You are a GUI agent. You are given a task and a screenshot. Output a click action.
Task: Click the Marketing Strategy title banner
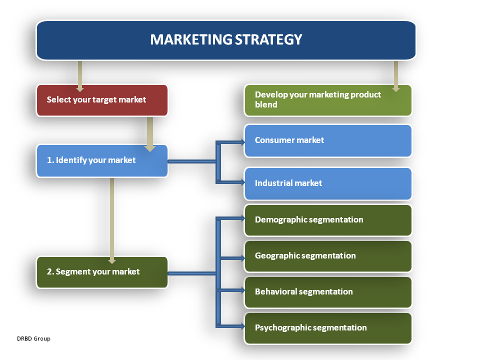(x=226, y=40)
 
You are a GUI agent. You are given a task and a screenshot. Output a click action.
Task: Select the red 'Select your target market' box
(x=102, y=100)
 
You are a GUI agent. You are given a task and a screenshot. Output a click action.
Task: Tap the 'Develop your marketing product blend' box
(x=327, y=100)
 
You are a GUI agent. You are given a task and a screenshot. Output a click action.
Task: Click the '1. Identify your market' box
(x=102, y=161)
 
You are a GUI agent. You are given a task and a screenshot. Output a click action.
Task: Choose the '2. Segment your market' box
(x=102, y=272)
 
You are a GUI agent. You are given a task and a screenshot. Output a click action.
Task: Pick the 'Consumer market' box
(x=327, y=140)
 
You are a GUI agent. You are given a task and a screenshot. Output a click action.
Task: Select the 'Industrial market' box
(x=327, y=183)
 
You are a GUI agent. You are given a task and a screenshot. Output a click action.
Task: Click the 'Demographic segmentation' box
(x=327, y=220)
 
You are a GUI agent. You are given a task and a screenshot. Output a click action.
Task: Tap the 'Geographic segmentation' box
(x=327, y=256)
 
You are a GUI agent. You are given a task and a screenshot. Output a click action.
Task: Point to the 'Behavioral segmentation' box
(x=327, y=292)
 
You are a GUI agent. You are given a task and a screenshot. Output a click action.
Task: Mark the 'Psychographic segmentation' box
(x=327, y=328)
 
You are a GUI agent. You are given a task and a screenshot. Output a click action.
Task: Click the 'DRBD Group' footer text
(x=33, y=339)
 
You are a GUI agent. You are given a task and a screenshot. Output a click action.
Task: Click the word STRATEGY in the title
(x=270, y=39)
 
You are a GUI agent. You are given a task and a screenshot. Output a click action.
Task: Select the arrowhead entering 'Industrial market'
(x=242, y=181)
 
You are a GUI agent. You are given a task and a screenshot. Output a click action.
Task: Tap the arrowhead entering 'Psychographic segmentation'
(x=242, y=327)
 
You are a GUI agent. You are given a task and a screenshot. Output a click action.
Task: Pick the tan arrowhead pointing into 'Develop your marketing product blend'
(x=396, y=88)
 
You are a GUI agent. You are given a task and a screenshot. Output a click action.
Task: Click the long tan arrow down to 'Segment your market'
(x=112, y=220)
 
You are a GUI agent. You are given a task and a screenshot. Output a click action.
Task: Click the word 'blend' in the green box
(x=266, y=105)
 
